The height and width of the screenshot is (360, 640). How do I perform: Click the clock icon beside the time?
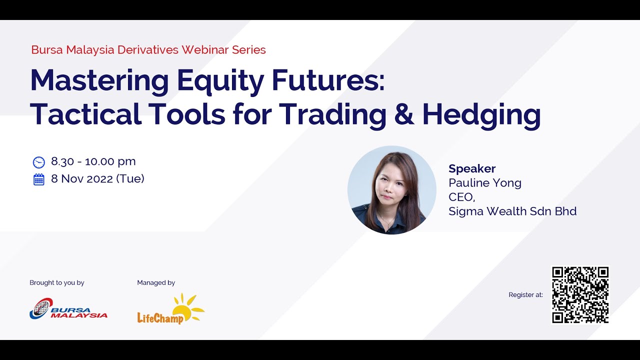click(x=38, y=162)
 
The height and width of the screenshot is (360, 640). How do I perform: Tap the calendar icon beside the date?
click(x=38, y=179)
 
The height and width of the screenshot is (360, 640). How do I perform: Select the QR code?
click(x=580, y=294)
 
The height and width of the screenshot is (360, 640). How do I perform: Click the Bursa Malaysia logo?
click(x=68, y=308)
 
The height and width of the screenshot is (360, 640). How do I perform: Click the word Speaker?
click(x=472, y=168)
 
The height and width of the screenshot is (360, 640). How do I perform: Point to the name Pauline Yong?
click(x=484, y=182)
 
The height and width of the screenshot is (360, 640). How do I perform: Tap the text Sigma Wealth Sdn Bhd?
click(x=512, y=211)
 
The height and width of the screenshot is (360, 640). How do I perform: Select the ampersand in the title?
click(x=404, y=114)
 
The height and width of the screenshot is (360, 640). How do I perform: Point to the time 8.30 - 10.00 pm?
click(x=93, y=161)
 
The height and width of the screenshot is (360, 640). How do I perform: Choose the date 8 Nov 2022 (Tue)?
click(x=97, y=178)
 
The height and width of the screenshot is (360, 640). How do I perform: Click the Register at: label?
click(x=525, y=295)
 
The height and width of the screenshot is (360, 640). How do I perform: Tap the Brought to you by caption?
click(x=57, y=282)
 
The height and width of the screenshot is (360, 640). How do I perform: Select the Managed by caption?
click(x=156, y=282)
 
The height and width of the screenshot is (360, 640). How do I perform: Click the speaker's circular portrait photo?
click(x=391, y=190)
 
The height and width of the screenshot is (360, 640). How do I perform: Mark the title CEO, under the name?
click(x=461, y=197)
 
